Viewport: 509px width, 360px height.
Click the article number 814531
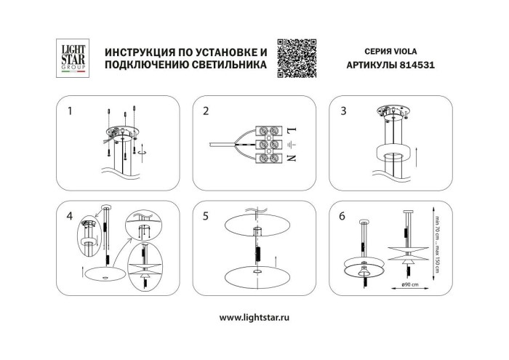[x=420, y=65]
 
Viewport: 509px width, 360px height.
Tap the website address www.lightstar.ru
[x=254, y=318]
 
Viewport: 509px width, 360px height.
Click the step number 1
[x=70, y=112]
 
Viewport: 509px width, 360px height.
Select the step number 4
[x=70, y=216]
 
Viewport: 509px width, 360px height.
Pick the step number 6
[x=342, y=216]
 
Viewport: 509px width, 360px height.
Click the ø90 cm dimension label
[x=409, y=283]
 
